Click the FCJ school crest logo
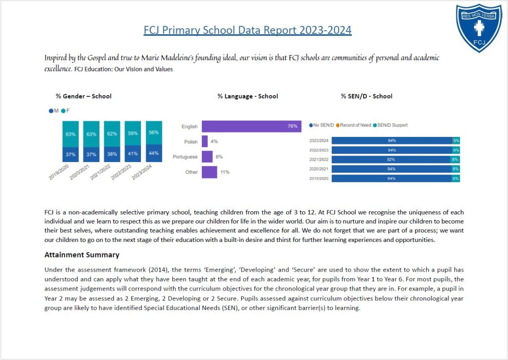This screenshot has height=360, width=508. [479, 28]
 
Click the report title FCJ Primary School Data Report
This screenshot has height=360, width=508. [248, 30]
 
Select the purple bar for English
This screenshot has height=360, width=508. [252, 126]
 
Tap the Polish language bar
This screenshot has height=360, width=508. [205, 141]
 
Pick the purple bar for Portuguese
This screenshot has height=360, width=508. [207, 157]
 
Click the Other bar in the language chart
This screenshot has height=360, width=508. [209, 172]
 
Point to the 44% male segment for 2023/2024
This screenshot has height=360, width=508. [154, 153]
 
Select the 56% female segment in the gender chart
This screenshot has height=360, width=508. [154, 133]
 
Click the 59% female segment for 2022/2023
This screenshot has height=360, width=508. [133, 133]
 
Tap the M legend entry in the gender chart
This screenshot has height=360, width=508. [54, 111]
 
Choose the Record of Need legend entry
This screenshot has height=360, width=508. [353, 125]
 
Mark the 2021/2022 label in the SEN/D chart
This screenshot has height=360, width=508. [319, 160]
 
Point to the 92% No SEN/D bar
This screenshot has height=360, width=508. [391, 160]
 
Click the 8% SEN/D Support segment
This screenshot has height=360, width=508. [455, 160]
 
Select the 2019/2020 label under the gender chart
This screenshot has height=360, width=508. [59, 172]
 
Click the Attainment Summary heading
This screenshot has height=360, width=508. [82, 255]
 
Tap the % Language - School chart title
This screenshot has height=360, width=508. [248, 96]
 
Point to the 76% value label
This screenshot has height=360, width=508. [292, 126]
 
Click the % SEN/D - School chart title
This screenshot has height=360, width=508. [367, 96]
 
